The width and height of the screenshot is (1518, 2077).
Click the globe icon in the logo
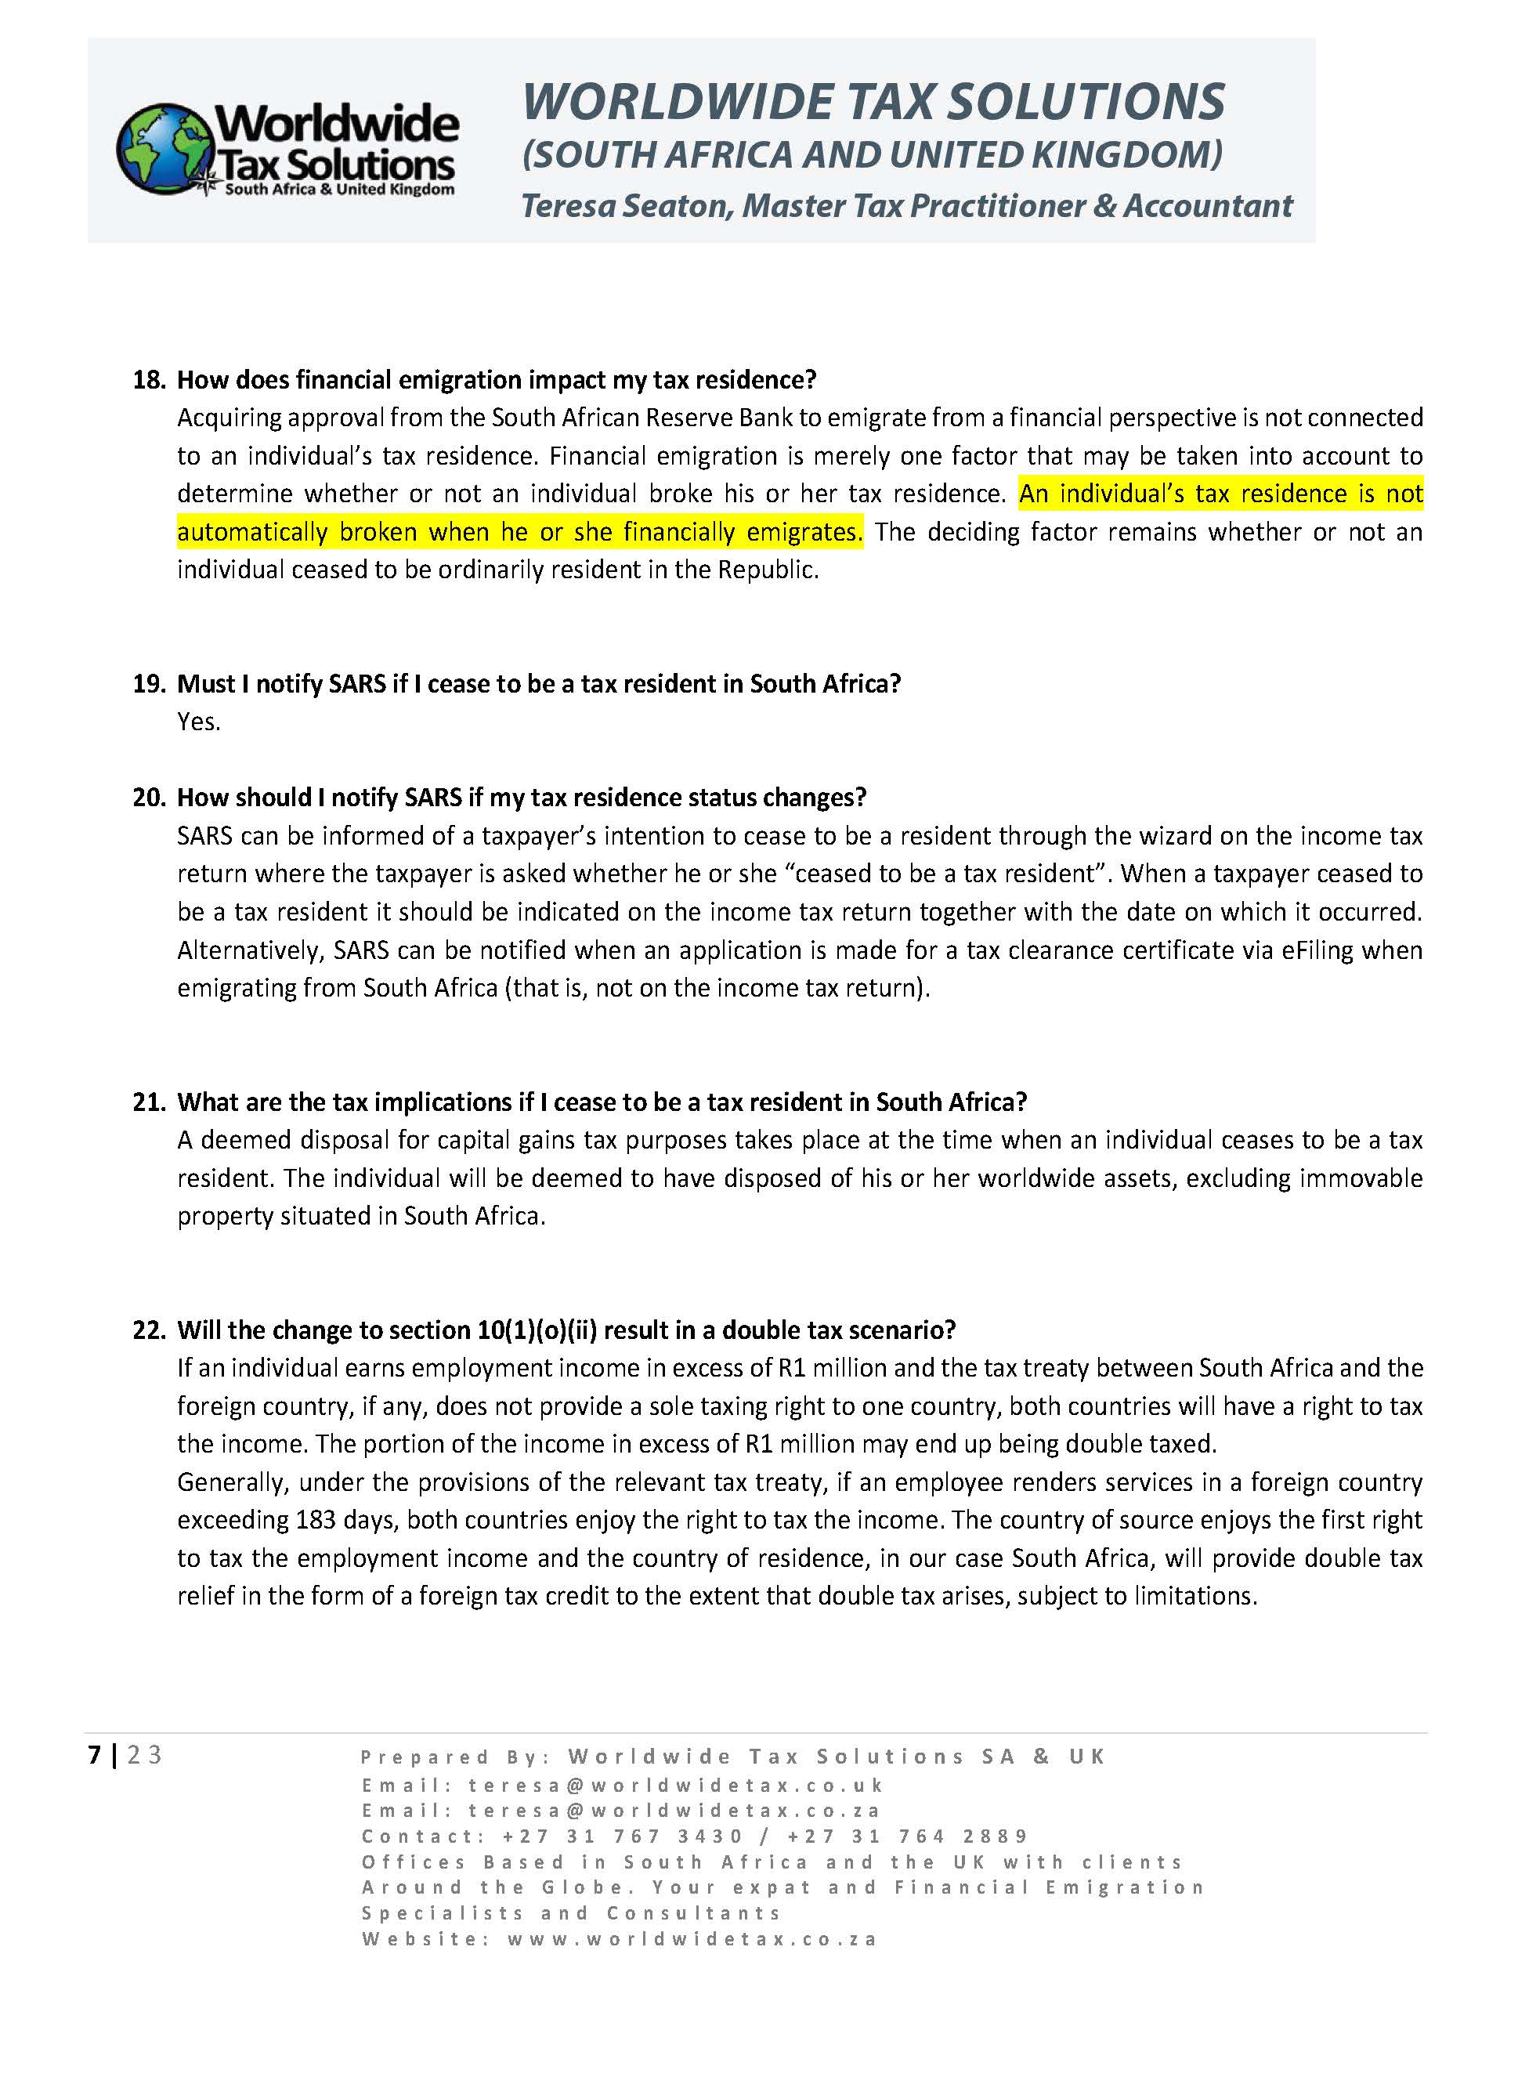(x=164, y=149)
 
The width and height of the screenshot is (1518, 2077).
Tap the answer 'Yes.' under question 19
(x=198, y=722)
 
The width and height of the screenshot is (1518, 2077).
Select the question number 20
(x=148, y=797)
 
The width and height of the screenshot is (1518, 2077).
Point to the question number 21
(x=148, y=1101)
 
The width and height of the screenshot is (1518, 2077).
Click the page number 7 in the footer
(x=94, y=1754)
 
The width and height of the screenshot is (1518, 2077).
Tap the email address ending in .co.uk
(x=676, y=1785)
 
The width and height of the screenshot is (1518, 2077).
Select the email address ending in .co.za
(x=674, y=1811)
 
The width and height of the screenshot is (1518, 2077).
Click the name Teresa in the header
(x=569, y=206)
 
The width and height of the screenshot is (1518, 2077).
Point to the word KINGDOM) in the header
(x=1126, y=154)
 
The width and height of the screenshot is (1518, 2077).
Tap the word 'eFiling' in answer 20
(x=1317, y=950)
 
